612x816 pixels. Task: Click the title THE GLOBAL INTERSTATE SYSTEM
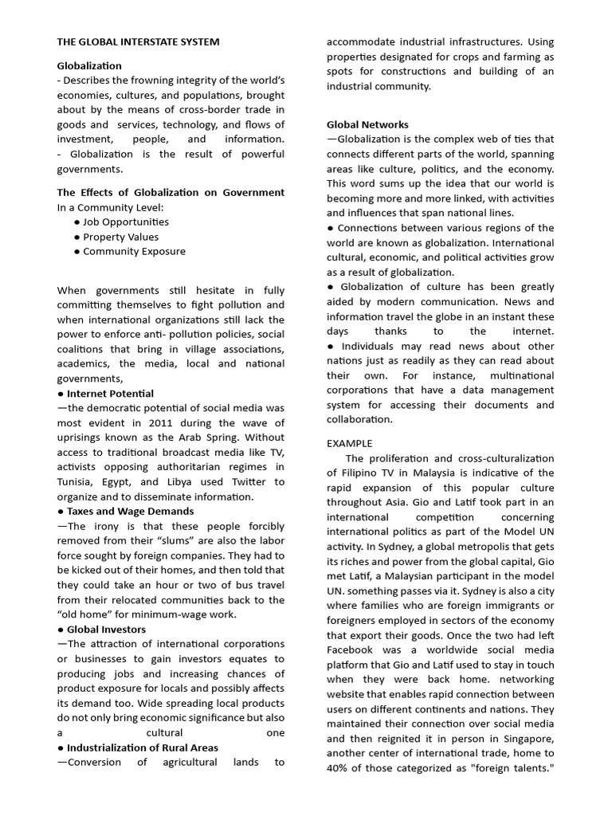pos(138,41)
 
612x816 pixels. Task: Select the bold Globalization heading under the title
pos(89,66)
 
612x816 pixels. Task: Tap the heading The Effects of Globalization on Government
pos(171,193)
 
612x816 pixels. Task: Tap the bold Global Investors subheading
pos(106,630)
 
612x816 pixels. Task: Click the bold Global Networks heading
pos(367,125)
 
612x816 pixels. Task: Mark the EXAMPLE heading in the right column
pos(350,443)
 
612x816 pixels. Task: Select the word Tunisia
pos(76,482)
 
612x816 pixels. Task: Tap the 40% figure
pos(339,768)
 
